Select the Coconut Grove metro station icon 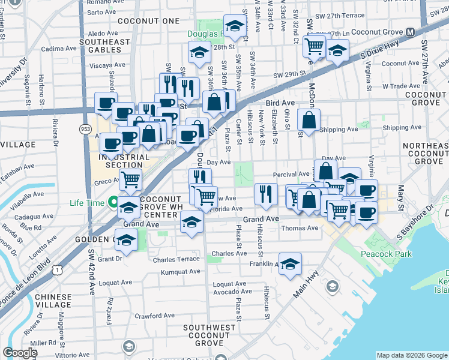411,32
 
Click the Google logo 20,353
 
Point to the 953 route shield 85,129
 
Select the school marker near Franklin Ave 290,264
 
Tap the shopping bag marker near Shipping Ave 308,121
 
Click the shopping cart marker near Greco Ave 129,179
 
